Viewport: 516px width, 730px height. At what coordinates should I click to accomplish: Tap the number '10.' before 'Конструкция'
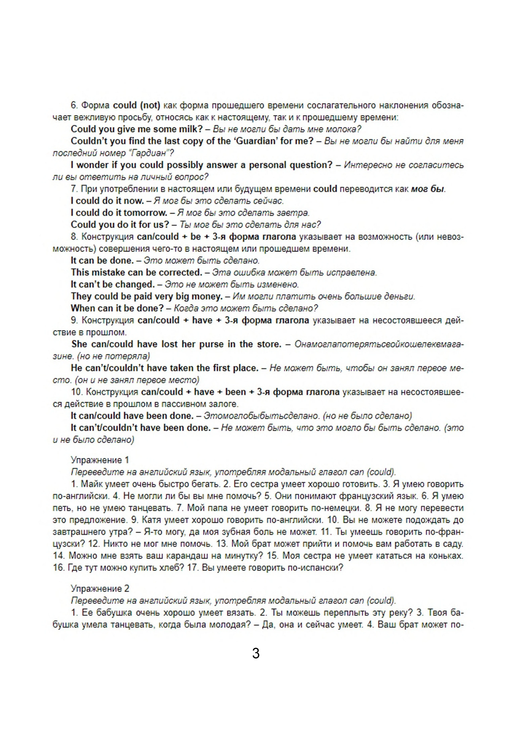(77, 392)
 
